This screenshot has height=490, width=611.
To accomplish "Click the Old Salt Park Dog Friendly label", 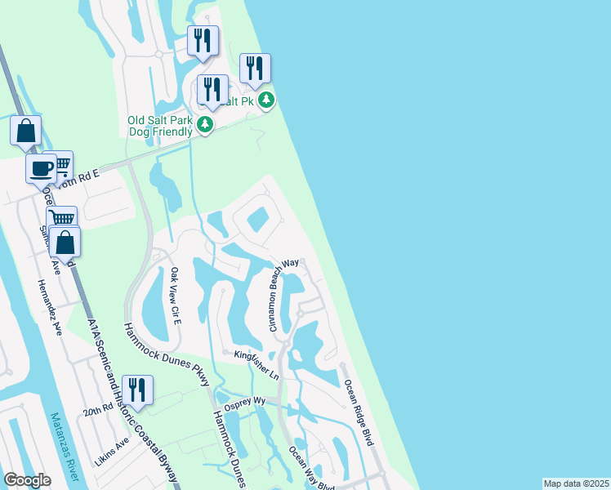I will pyautogui.click(x=160, y=126).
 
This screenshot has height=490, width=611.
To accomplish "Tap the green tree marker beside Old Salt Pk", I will pyautogui.click(x=266, y=100).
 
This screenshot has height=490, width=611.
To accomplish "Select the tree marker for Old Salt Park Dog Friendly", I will pyautogui.click(x=205, y=125).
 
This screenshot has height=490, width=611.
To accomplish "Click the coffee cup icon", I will pyautogui.click(x=41, y=168).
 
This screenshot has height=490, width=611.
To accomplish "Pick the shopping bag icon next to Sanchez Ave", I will pyautogui.click(x=65, y=243).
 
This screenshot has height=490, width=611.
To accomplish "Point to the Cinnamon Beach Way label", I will pyautogui.click(x=285, y=295).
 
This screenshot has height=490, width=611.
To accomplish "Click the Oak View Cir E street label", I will pyautogui.click(x=176, y=293).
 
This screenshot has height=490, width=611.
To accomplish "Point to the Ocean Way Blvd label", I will pyautogui.click(x=311, y=469).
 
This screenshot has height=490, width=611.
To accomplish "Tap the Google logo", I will pyautogui.click(x=27, y=480).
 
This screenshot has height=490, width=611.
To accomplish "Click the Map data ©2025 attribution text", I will pyautogui.click(x=576, y=483).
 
